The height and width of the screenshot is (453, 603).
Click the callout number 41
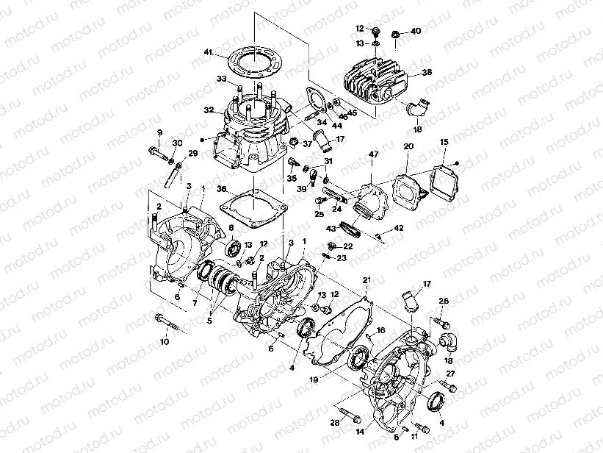point(209,52)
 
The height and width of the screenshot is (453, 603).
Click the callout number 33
point(220,79)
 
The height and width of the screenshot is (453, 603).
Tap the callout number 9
point(159,132)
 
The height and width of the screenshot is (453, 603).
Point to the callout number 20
point(409,147)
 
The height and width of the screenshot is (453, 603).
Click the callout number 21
point(367,280)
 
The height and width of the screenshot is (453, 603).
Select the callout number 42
point(399,229)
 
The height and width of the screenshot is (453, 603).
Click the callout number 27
point(451,374)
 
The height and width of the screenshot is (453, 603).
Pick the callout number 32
point(209,110)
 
